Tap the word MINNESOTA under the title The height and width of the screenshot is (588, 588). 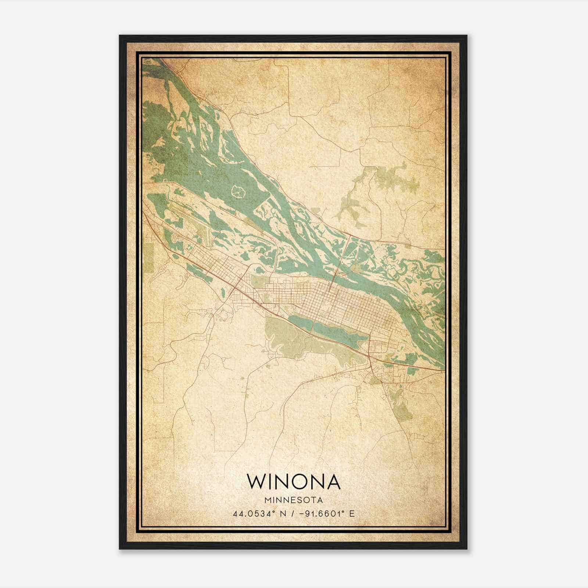[294, 500]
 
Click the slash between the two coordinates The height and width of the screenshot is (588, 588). [292, 514]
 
